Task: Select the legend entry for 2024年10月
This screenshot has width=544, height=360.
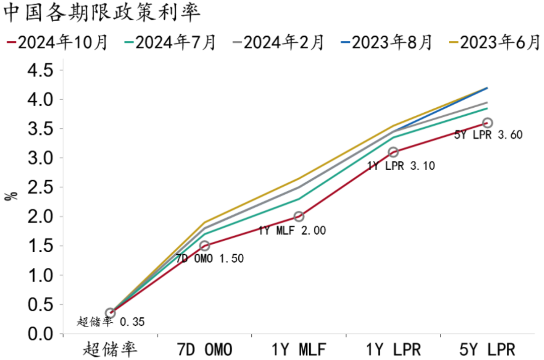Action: (58, 43)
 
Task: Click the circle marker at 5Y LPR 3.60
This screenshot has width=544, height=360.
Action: (488, 123)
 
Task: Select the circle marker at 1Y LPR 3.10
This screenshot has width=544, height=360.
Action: (393, 152)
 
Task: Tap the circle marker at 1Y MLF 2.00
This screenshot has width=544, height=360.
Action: (299, 217)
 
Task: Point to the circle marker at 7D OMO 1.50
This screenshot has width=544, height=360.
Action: (205, 246)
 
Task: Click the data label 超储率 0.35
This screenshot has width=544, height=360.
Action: (111, 322)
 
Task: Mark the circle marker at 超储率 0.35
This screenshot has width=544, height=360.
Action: (110, 313)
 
